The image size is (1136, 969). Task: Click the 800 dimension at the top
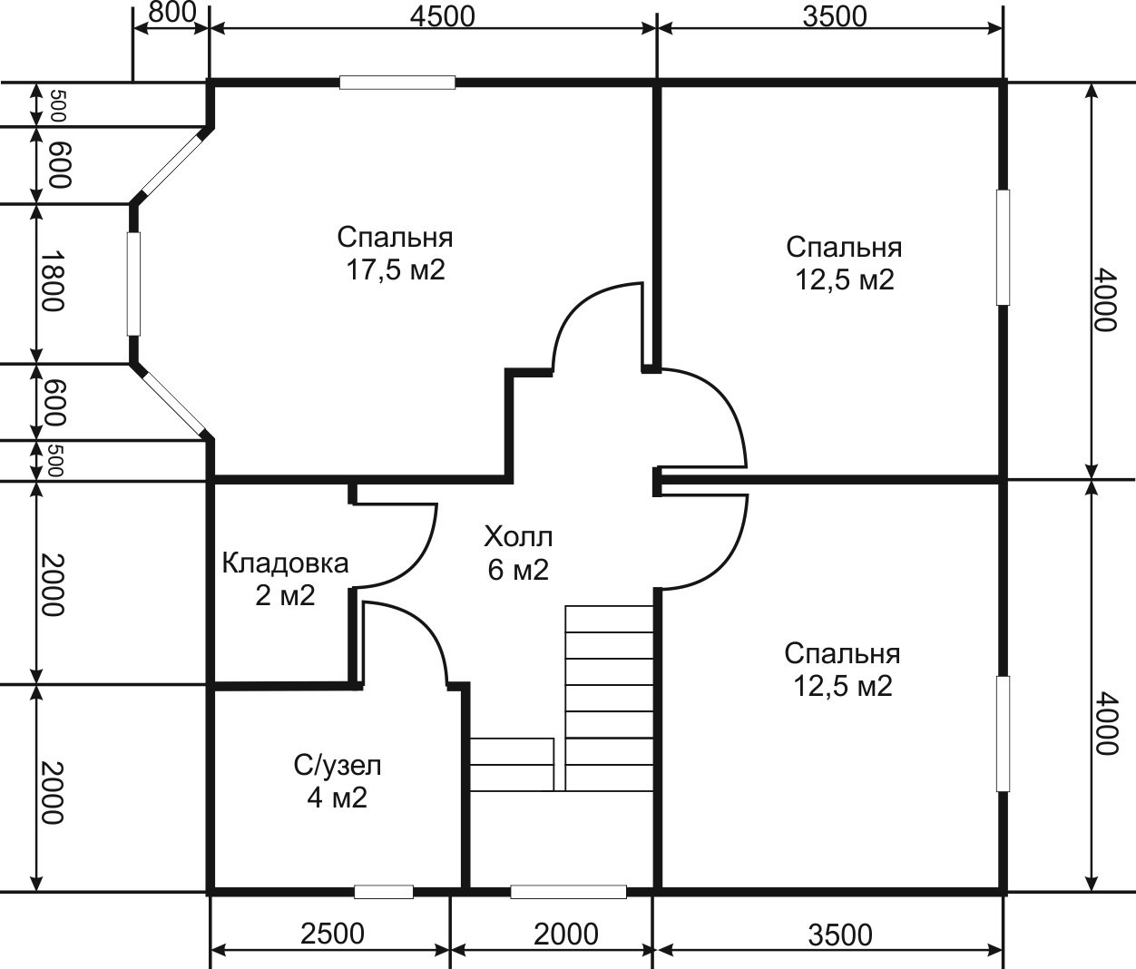tap(171, 14)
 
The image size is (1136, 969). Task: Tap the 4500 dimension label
tap(443, 16)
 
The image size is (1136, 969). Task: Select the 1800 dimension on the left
tap(54, 281)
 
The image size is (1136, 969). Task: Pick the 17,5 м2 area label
tap(396, 270)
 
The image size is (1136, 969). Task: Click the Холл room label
tap(518, 537)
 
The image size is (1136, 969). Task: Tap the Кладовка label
tap(285, 563)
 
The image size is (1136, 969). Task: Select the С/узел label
tap(337, 766)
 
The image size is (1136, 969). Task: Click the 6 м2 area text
tap(518, 570)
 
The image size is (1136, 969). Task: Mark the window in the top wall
tap(397, 83)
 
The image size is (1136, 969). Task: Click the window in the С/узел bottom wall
tap(384, 892)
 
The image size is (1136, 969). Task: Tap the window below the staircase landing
tap(568, 892)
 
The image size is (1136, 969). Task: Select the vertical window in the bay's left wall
tap(133, 284)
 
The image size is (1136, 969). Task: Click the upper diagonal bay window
tap(172, 164)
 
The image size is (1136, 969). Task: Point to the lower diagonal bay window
tap(172, 403)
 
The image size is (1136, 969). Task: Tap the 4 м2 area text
tap(337, 798)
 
